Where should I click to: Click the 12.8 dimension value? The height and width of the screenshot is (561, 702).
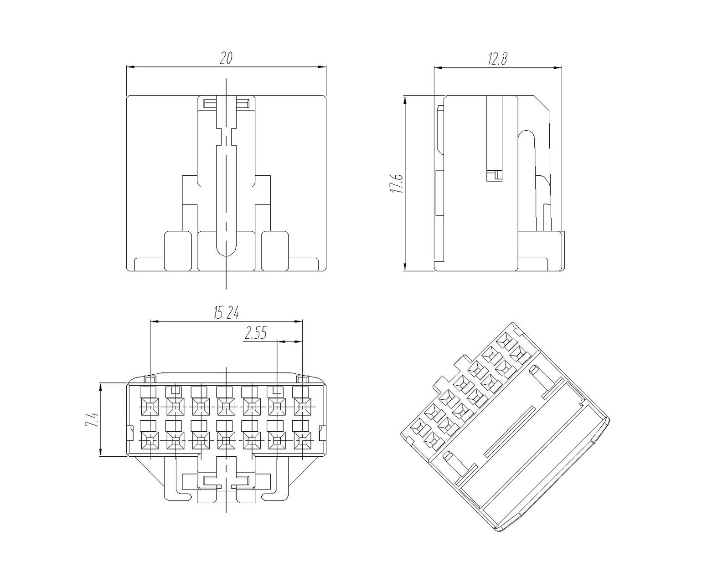click(497, 59)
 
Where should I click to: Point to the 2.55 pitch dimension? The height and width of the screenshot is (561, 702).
click(256, 333)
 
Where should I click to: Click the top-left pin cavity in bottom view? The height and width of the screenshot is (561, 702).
click(150, 407)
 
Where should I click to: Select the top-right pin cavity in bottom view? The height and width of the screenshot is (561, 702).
click(302, 407)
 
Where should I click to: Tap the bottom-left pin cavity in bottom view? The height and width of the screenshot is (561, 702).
click(150, 441)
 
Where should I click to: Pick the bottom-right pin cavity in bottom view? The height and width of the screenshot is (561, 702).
click(302, 441)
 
